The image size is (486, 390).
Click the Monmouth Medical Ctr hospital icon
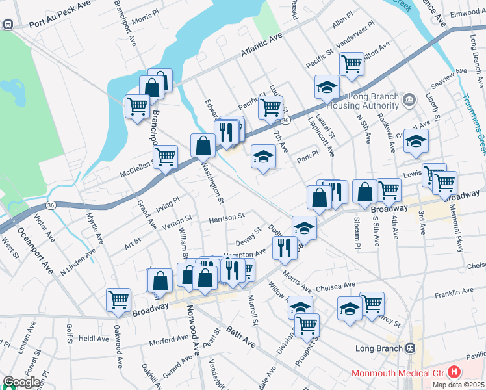click(x=454, y=372)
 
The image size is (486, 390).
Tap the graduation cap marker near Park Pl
click(x=263, y=156)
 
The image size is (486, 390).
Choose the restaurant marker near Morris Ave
click(x=284, y=248)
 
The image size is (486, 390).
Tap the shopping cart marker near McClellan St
click(x=166, y=156)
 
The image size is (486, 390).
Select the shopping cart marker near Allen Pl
click(x=352, y=64)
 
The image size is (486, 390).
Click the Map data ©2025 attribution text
click(x=457, y=384)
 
